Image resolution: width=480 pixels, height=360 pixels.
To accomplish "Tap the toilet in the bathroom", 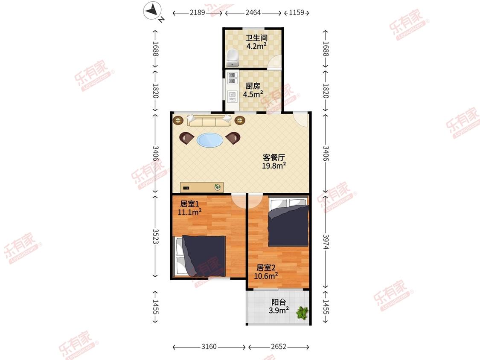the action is [x=233, y=58].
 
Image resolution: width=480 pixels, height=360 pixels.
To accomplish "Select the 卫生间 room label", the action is [x=256, y=38].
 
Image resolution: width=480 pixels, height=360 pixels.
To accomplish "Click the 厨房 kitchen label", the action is [x=253, y=86].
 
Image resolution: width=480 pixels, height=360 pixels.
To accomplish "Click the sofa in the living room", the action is [x=209, y=120].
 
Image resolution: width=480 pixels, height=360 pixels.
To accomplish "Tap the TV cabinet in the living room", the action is [x=202, y=187].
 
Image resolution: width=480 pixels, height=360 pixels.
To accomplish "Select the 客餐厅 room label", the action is [x=274, y=157].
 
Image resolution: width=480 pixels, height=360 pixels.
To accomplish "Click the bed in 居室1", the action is [x=200, y=256].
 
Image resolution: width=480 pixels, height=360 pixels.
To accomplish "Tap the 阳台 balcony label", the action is [x=279, y=302].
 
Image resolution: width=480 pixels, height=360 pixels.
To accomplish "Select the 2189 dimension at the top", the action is [x=198, y=12].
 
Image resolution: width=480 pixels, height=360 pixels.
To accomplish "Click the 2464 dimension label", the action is [x=253, y=12].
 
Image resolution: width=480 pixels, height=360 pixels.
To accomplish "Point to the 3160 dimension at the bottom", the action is [x=209, y=346].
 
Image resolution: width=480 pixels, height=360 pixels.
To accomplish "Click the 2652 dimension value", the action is [x=279, y=346].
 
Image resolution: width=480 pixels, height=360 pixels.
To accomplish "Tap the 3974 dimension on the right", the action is [x=326, y=242].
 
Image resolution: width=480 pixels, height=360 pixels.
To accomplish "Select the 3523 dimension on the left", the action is [x=155, y=236].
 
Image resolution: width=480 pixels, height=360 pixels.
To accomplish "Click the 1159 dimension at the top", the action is [x=297, y=12].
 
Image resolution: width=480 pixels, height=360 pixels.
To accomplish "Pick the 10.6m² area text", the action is [x=266, y=276].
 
